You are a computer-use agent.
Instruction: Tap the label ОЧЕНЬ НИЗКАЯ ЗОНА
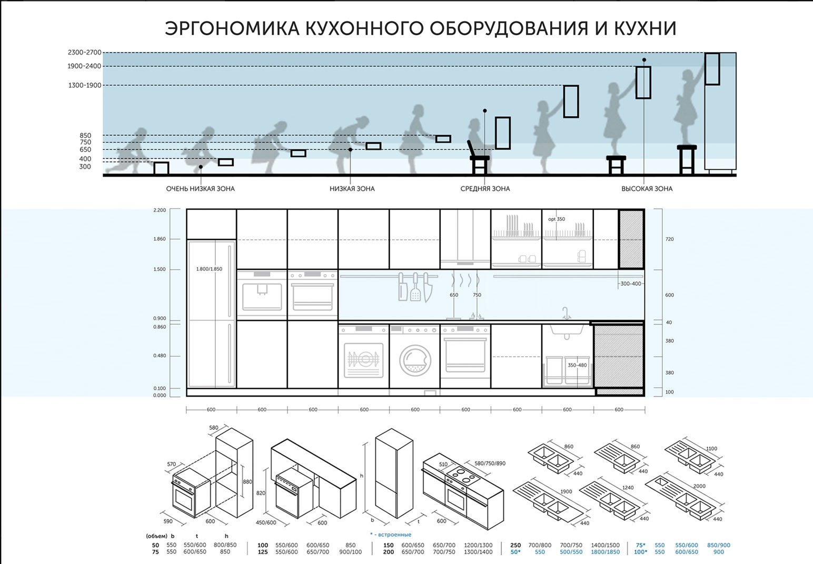point(200,188)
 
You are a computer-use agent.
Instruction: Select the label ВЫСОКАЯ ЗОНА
point(647,188)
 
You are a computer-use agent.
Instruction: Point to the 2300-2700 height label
point(85,53)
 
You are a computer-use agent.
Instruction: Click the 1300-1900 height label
point(85,86)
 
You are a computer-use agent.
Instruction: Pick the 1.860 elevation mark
point(160,239)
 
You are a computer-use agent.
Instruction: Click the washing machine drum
point(415,360)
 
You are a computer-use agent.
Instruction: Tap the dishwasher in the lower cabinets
point(364,356)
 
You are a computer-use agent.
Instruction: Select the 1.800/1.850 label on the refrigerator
point(209,269)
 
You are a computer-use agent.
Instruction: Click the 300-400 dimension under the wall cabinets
point(631,284)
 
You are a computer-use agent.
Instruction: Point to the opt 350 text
point(557,219)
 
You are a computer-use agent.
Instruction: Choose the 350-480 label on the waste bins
point(577,365)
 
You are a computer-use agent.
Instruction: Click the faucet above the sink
point(566,314)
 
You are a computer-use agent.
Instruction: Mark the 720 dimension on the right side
point(670,239)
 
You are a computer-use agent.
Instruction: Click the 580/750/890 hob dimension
point(490,463)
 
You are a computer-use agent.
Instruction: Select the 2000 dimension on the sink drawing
point(699,486)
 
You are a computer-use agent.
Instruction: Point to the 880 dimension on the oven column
point(247,482)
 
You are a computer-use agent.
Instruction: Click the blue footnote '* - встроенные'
point(391,535)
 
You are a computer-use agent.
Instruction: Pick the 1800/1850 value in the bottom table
point(606,552)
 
